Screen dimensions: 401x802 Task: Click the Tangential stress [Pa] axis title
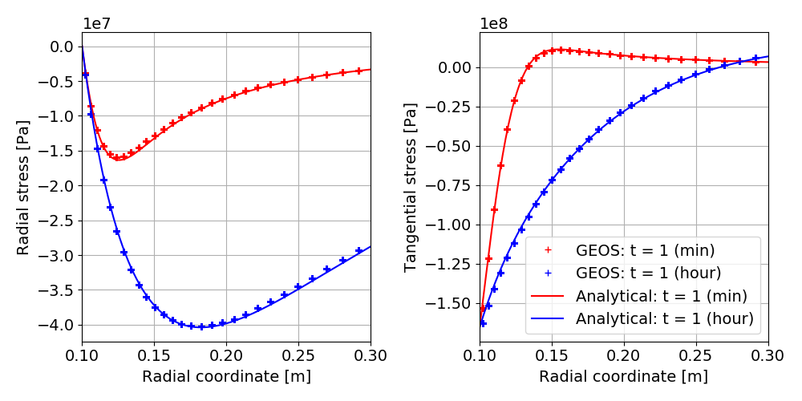tap(411, 187)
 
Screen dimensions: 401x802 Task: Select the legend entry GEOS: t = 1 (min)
tap(645, 249)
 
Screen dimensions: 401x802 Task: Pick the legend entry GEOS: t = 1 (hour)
tap(649, 273)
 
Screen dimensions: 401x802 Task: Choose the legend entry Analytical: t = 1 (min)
tap(661, 296)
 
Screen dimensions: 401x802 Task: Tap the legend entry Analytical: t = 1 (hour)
tap(665, 318)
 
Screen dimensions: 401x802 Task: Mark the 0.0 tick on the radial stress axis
tap(61, 47)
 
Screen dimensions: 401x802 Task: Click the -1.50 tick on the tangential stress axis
tap(451, 303)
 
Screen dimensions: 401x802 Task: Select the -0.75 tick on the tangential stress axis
tap(451, 185)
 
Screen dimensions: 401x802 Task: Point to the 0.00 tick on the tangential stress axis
tap(454, 67)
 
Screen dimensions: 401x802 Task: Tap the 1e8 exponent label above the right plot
tap(496, 23)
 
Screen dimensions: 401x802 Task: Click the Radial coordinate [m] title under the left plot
tap(226, 376)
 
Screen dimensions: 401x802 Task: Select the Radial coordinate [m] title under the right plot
tap(624, 376)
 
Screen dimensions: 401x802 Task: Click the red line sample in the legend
tap(548, 296)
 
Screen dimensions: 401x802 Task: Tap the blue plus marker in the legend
tap(548, 273)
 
